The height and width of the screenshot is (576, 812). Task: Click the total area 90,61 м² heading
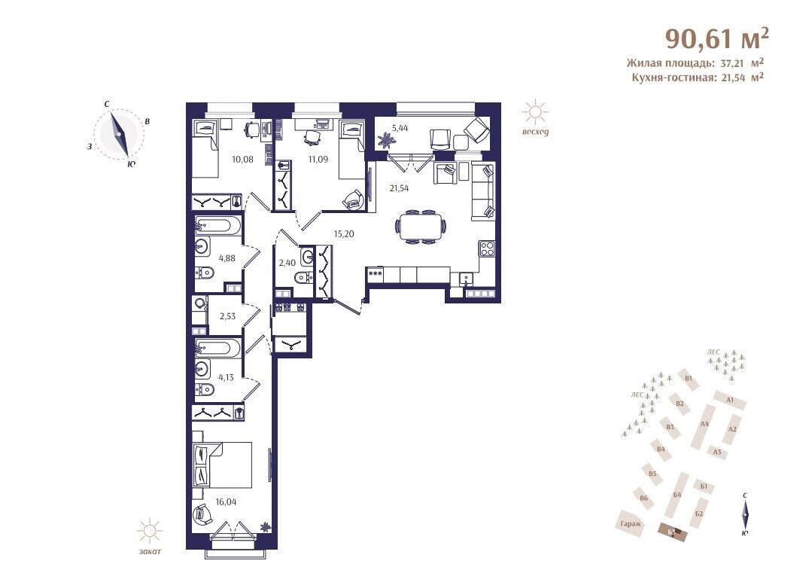pyautogui.click(x=716, y=38)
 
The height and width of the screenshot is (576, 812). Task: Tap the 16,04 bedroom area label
pyautogui.click(x=226, y=501)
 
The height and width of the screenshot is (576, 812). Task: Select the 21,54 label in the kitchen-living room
pyautogui.click(x=399, y=188)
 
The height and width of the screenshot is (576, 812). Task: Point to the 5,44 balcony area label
pyautogui.click(x=400, y=129)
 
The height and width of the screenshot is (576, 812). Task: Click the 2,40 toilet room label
pyautogui.click(x=287, y=263)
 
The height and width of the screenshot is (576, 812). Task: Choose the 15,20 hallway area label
pyautogui.click(x=344, y=233)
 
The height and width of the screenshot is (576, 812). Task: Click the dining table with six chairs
pyautogui.click(x=421, y=227)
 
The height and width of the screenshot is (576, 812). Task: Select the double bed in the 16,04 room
pyautogui.click(x=222, y=465)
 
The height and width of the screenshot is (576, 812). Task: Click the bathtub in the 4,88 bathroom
pyautogui.click(x=217, y=227)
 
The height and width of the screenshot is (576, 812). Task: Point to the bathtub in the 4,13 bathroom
pyautogui.click(x=217, y=348)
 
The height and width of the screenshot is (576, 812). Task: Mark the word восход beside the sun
pyautogui.click(x=535, y=132)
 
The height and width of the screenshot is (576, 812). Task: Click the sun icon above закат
pyautogui.click(x=150, y=531)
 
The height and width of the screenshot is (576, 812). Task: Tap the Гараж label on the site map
pyautogui.click(x=630, y=524)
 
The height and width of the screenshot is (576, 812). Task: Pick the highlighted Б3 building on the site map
pyautogui.click(x=673, y=532)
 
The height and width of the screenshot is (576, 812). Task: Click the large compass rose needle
pyautogui.click(x=119, y=134)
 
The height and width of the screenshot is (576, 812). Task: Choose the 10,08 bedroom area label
pyautogui.click(x=242, y=159)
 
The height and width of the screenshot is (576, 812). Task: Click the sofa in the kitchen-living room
pyautogui.click(x=482, y=191)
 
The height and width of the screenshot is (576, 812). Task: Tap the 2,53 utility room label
pyautogui.click(x=227, y=316)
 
